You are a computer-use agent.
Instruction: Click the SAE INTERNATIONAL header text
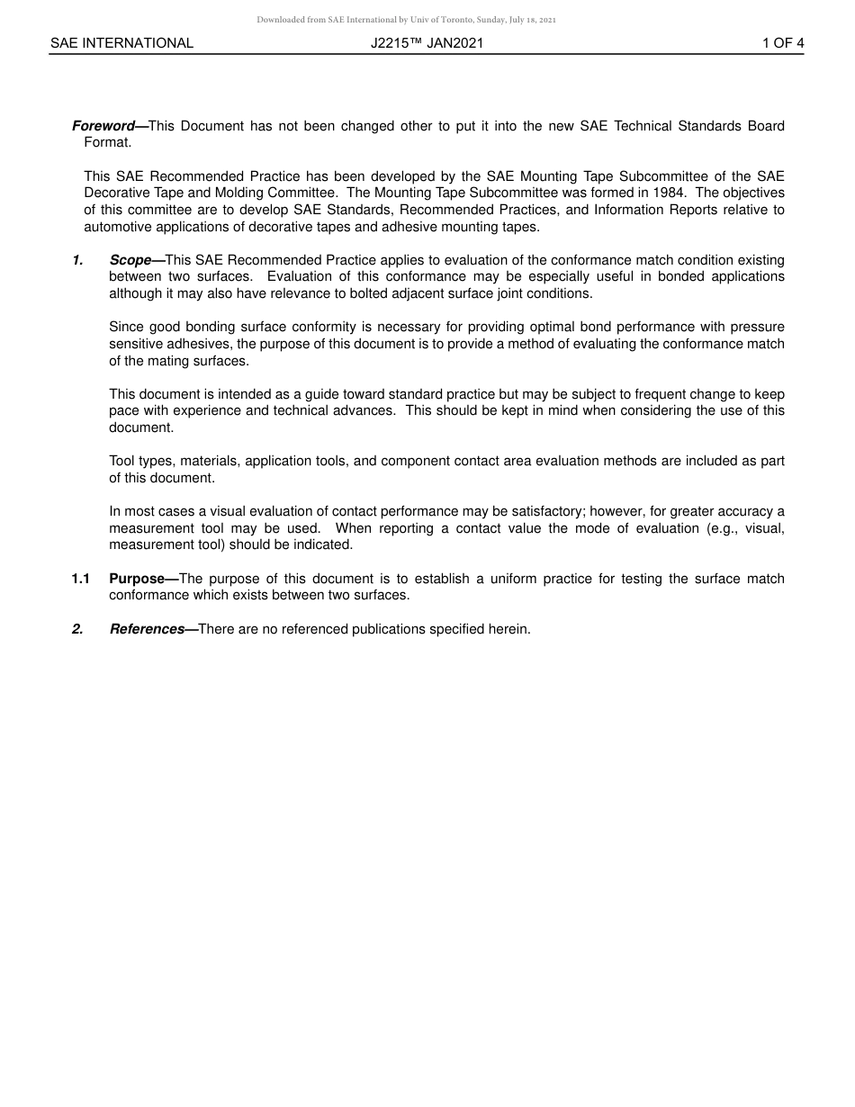[121, 43]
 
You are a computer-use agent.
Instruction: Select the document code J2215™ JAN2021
[427, 43]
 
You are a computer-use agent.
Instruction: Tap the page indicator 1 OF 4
[782, 43]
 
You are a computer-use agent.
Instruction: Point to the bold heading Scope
[130, 260]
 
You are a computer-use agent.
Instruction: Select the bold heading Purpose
[137, 579]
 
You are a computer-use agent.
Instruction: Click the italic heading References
[147, 629]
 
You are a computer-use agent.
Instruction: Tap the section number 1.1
[81, 579]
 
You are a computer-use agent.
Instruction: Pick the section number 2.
[77, 629]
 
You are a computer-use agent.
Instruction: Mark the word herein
[509, 629]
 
